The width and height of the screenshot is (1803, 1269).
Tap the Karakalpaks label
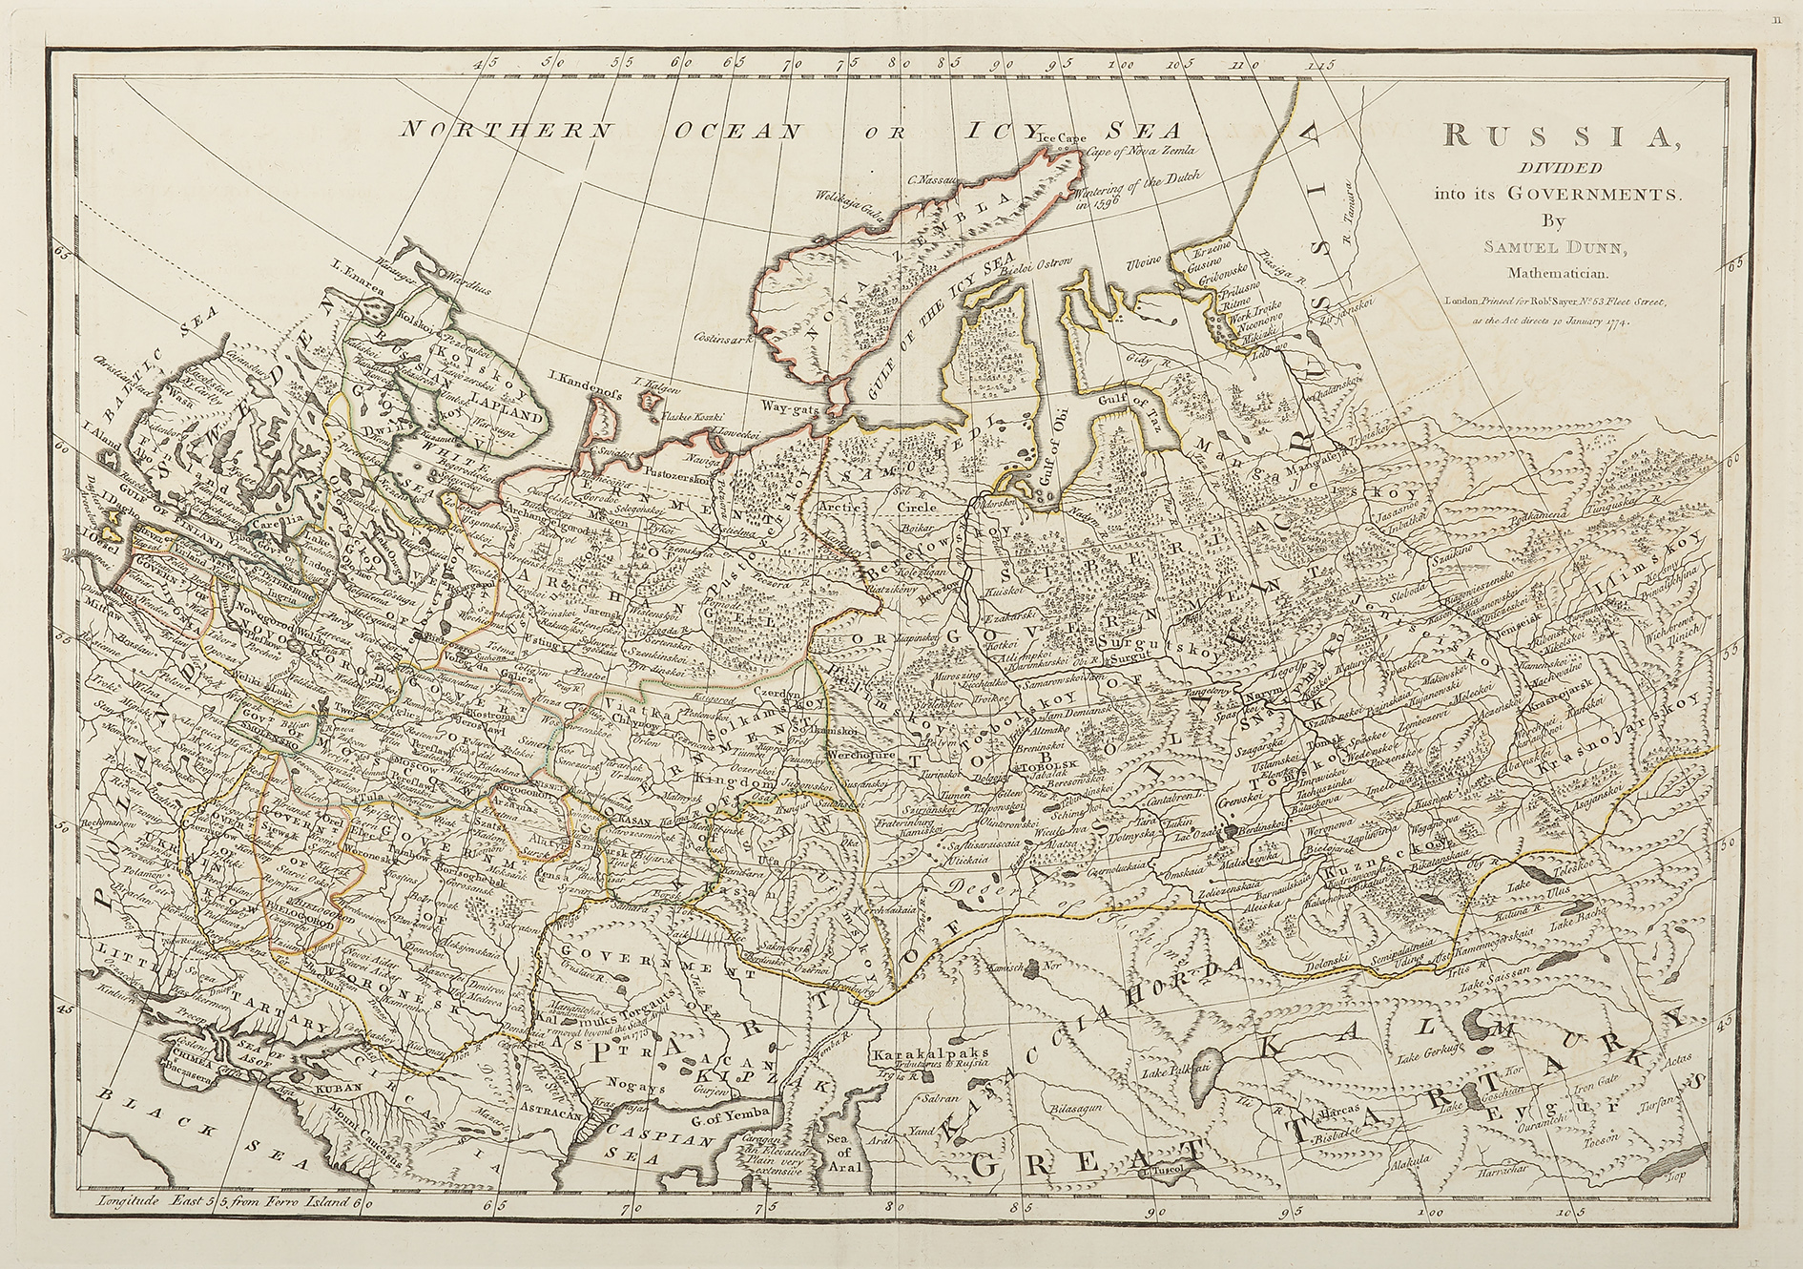click(x=928, y=1055)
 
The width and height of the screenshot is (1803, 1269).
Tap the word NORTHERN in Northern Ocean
click(x=481, y=132)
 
